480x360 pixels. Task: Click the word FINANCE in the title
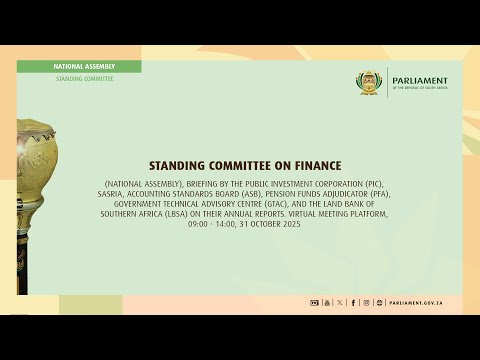(x=314, y=165)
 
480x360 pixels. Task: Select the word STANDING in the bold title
(x=178, y=165)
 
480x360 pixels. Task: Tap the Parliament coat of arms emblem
(x=371, y=84)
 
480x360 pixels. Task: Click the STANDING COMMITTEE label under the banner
(x=84, y=78)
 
